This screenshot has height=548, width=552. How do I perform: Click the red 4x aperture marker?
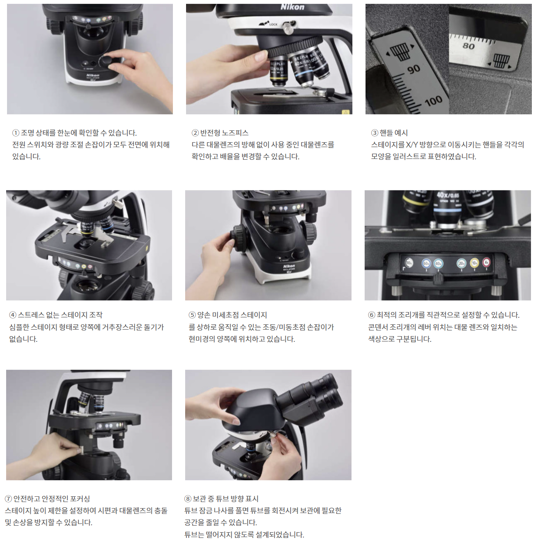pyautogui.click(x=486, y=263)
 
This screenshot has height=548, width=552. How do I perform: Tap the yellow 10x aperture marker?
pyautogui.click(x=475, y=263)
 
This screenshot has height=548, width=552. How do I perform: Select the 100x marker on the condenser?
pyautogui.click(x=409, y=263)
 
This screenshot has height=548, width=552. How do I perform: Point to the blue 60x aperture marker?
pyautogui.click(x=426, y=263)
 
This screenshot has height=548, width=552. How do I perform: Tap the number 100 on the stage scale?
pyautogui.click(x=433, y=101)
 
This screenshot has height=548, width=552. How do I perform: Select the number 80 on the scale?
pyautogui.click(x=468, y=46)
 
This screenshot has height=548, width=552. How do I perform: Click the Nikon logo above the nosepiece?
pyautogui.click(x=292, y=7)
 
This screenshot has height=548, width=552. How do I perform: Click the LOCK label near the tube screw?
pyautogui.click(x=273, y=25)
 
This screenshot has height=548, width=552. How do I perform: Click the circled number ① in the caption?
pyautogui.click(x=16, y=133)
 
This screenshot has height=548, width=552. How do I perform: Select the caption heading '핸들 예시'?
pyautogui.click(x=394, y=133)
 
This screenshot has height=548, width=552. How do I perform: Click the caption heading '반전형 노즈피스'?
pyautogui.click(x=224, y=133)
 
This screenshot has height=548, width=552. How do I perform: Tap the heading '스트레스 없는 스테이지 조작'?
pyautogui.click(x=60, y=315)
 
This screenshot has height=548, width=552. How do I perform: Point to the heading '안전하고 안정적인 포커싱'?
pyautogui.click(x=52, y=499)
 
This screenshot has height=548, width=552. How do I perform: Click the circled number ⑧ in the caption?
pyautogui.click(x=188, y=499)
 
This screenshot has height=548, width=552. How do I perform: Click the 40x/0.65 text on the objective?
pyautogui.click(x=447, y=195)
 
